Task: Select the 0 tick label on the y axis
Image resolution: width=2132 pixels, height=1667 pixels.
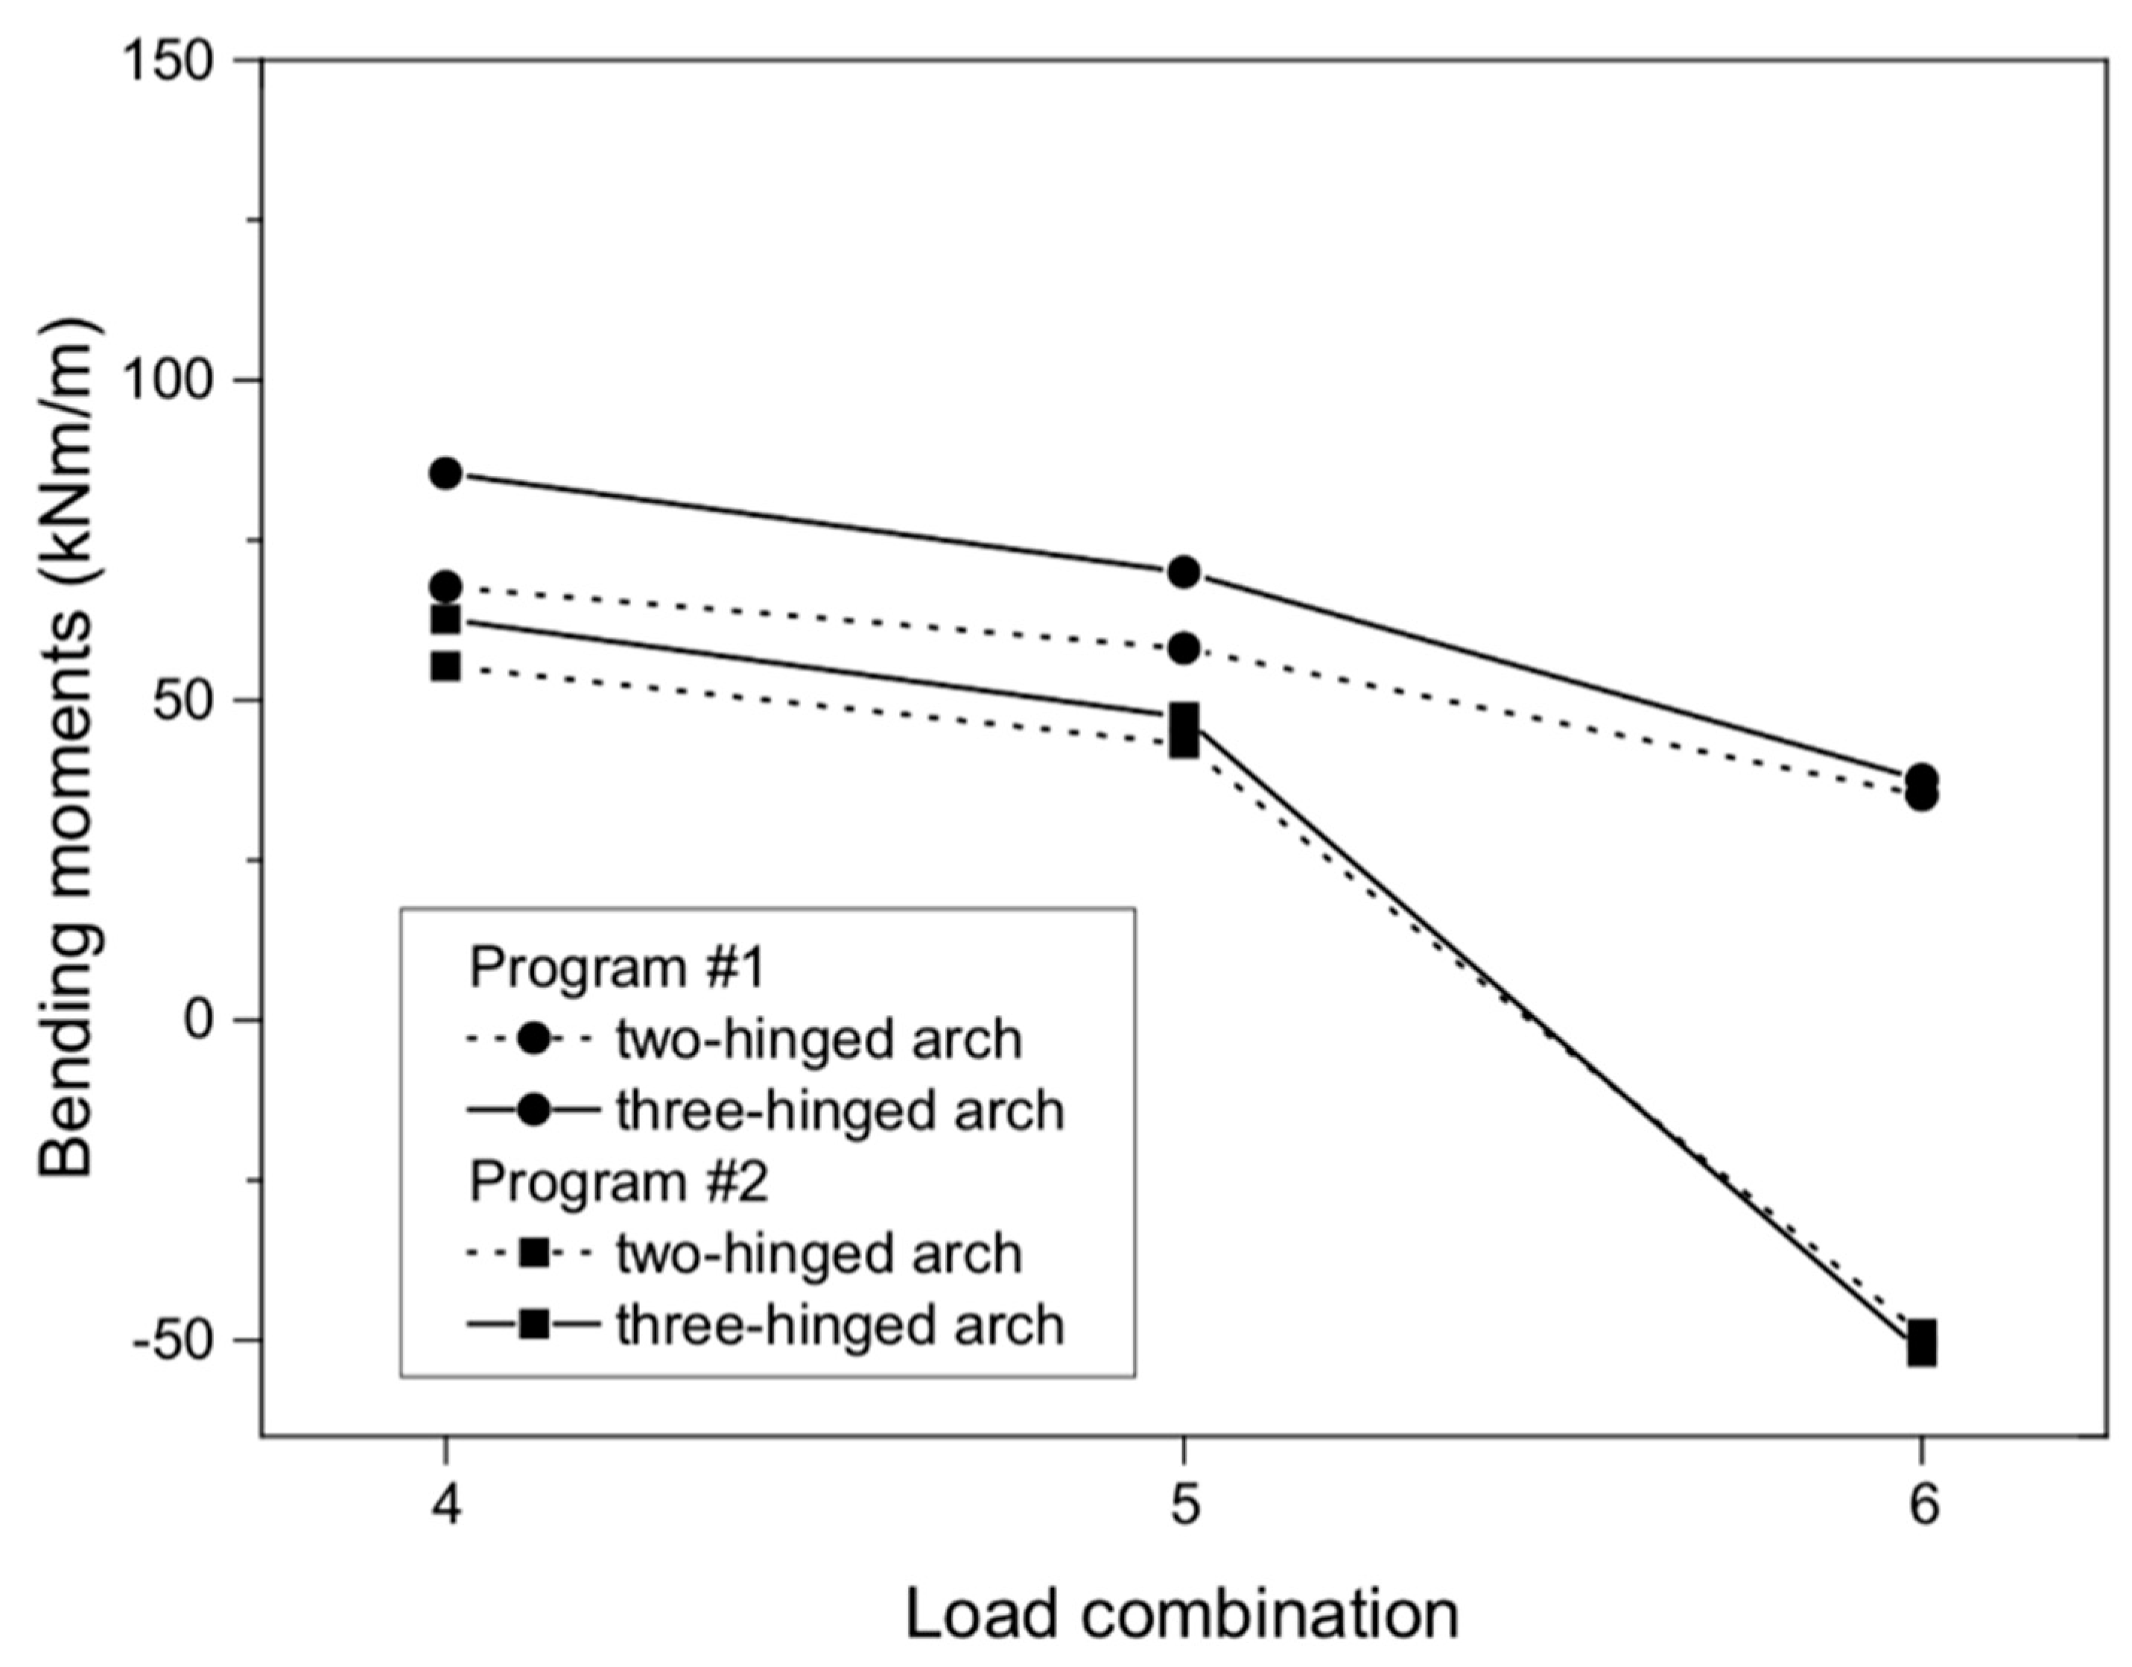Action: click(198, 1020)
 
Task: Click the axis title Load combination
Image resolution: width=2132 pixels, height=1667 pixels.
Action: click(1182, 1614)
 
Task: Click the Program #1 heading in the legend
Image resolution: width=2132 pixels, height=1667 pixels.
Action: click(618, 968)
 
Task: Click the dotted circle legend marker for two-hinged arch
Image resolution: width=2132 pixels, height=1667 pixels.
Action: click(533, 1039)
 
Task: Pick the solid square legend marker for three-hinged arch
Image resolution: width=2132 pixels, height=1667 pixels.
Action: click(533, 1325)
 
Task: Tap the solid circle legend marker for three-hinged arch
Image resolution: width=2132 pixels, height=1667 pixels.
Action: click(533, 1110)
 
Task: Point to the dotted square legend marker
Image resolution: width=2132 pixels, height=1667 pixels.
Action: click(533, 1253)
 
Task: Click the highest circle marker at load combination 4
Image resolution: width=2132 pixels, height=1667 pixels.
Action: click(446, 474)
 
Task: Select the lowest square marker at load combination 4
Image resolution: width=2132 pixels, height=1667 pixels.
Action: click(446, 667)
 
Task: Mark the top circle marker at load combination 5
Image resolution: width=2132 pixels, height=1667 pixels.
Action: click(1184, 572)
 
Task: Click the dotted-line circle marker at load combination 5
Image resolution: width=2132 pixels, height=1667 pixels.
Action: click(1184, 648)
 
